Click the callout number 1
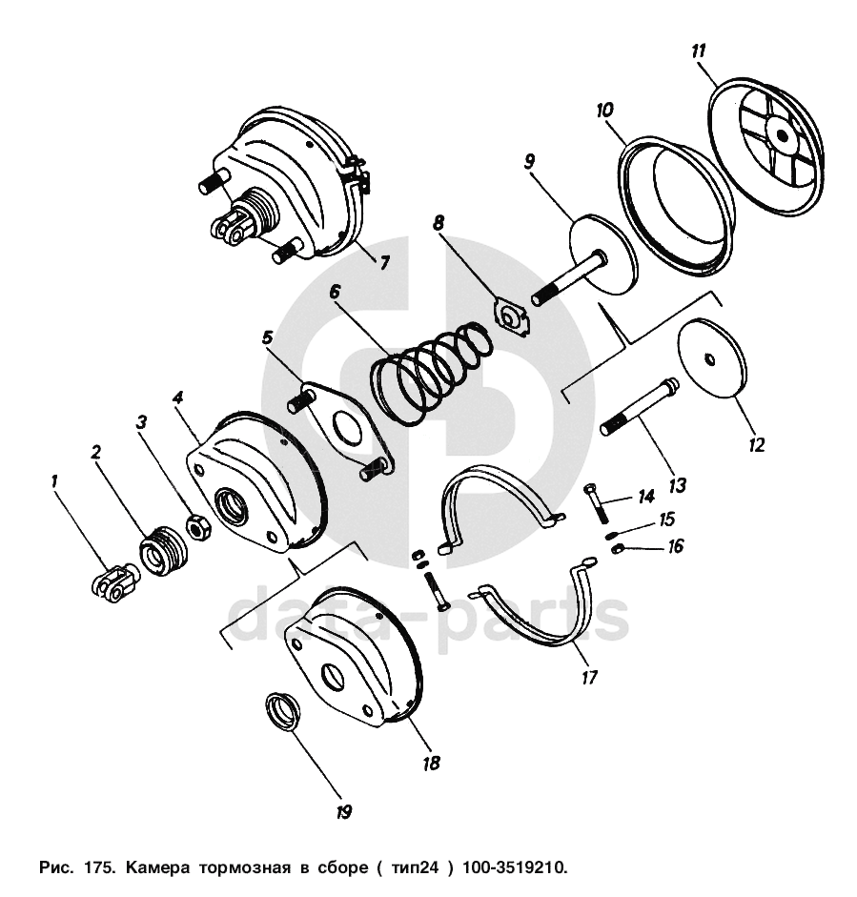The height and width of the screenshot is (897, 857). [55, 482]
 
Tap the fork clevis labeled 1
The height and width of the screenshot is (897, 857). [112, 583]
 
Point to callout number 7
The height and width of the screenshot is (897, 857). [384, 263]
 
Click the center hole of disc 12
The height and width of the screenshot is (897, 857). [711, 358]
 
